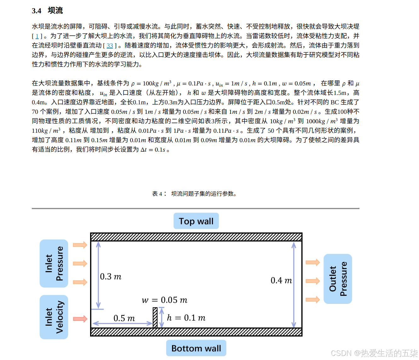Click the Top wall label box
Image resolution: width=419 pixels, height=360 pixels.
coord(196,221)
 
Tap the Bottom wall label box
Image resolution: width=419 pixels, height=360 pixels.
coord(196,348)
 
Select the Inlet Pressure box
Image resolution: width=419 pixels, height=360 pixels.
coord(54,264)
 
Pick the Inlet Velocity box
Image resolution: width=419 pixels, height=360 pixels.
coord(54,317)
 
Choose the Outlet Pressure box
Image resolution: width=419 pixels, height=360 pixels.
coord(338,279)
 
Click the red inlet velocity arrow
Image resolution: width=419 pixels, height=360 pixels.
coord(80,319)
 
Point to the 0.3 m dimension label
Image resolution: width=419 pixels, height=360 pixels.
coord(111,277)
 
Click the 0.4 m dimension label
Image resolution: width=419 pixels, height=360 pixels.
coord(281,281)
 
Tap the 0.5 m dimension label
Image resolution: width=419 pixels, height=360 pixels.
coord(124,318)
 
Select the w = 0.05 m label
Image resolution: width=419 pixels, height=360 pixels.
coord(164,300)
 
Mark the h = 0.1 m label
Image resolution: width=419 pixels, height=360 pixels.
coord(186,318)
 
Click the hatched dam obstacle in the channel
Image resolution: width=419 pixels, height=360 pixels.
coord(155,318)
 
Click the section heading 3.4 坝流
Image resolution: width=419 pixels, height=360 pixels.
coord(47,11)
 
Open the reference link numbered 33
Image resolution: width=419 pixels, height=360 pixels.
coord(110,46)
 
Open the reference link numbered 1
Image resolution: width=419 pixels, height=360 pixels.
coord(37,36)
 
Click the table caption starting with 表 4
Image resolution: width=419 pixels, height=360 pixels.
coord(194,194)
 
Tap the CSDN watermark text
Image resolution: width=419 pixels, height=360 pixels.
coord(374,353)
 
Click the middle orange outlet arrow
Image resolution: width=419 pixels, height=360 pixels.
coord(313,281)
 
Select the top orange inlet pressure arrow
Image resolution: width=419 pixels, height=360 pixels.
coord(80,245)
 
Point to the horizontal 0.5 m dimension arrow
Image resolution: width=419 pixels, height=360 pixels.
coord(123,323)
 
